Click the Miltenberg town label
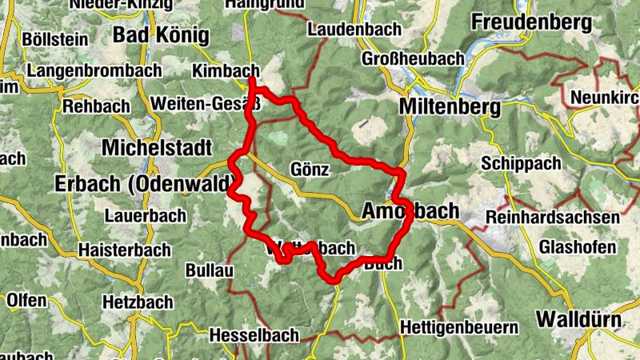click(453, 106)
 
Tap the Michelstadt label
click(157, 148)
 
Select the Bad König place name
click(161, 35)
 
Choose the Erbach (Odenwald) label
click(133, 183)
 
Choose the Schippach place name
click(518, 162)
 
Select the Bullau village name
click(209, 271)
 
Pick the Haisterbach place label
click(124, 250)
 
